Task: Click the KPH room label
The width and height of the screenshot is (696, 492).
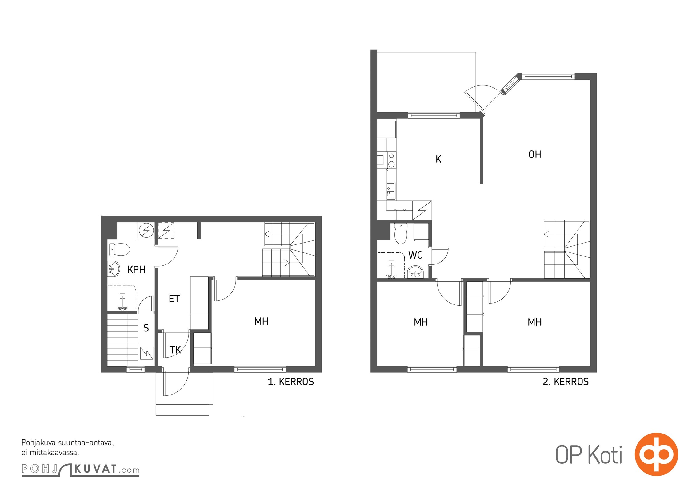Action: (136, 269)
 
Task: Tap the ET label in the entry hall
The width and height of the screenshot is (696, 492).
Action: (174, 298)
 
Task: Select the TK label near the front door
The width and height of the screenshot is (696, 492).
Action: (175, 350)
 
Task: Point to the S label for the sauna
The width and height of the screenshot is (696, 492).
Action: (146, 328)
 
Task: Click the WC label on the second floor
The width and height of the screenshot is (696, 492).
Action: (415, 255)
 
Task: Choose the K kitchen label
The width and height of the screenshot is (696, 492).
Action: (438, 159)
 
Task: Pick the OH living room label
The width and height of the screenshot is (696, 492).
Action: (535, 154)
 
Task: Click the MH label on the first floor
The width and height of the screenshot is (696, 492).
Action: (261, 321)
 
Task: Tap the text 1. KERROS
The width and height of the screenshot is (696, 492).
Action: (291, 382)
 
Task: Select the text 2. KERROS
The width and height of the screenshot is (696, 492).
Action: (566, 382)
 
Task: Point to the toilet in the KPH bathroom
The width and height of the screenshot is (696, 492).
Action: (120, 249)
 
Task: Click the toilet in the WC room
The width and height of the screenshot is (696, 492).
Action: (401, 233)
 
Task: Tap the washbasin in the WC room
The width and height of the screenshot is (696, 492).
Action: (415, 272)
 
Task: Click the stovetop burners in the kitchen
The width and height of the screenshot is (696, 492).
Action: (391, 160)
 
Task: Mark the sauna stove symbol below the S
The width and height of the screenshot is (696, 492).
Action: (147, 353)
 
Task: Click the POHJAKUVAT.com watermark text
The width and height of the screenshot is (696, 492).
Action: (81, 469)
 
